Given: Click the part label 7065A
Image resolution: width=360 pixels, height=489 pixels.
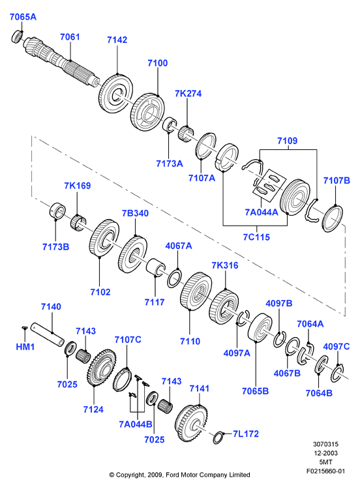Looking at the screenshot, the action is [23, 17].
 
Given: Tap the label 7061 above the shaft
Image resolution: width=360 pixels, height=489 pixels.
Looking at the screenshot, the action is [70, 37].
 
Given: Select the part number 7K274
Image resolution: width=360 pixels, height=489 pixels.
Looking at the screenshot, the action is [188, 93].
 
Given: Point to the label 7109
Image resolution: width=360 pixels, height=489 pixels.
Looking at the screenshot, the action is [288, 141].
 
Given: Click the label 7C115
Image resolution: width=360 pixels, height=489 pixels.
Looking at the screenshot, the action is [256, 237].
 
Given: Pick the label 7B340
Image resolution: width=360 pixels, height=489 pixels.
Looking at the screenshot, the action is [135, 213].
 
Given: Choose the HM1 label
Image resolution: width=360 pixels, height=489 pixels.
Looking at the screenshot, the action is [25, 346].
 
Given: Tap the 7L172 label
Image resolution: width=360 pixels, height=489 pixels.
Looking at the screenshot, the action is [246, 434].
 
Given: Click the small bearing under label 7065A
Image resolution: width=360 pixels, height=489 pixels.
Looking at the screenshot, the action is [17, 37].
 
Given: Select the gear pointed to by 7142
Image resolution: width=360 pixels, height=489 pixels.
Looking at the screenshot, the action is [115, 94].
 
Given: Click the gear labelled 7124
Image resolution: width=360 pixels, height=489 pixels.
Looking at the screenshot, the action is [100, 368].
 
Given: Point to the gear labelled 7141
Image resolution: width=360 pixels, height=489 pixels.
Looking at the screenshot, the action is [191, 424].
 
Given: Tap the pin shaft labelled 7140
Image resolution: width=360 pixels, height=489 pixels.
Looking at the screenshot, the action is [48, 334].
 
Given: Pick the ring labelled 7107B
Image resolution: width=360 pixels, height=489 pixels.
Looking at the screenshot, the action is [332, 218].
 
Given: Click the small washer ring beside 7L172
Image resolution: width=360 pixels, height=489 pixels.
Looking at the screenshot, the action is [218, 437].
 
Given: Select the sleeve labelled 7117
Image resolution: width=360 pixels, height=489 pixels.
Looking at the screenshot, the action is [156, 267].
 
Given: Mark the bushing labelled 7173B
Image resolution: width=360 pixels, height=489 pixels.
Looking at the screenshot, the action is [57, 211].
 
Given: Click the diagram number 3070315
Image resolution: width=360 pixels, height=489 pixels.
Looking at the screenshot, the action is [325, 444].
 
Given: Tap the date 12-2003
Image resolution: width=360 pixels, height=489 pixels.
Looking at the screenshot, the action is [325, 453].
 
